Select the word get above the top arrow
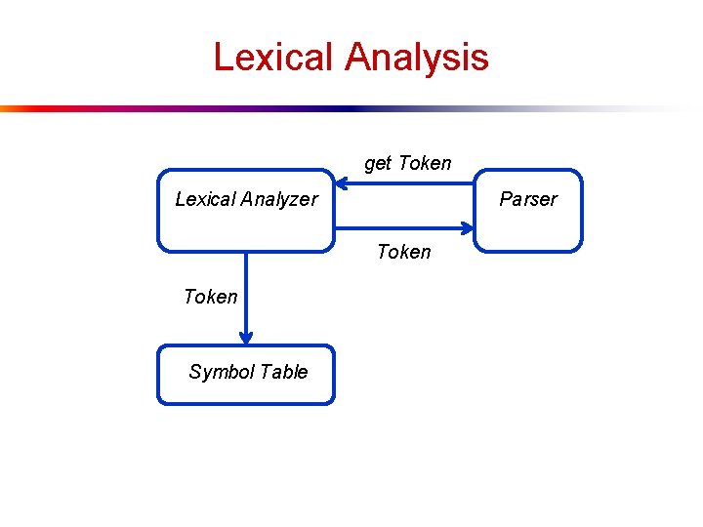click(x=379, y=164)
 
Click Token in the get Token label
click(x=425, y=163)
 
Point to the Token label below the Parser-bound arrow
click(x=403, y=252)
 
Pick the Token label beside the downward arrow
click(x=210, y=297)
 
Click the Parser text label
click(x=528, y=199)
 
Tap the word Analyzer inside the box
click(x=279, y=199)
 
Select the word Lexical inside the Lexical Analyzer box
click(x=205, y=199)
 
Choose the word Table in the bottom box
click(x=284, y=372)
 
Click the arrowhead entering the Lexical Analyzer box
click(x=342, y=182)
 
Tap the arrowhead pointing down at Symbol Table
click(x=246, y=337)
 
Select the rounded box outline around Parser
click(x=581, y=211)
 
